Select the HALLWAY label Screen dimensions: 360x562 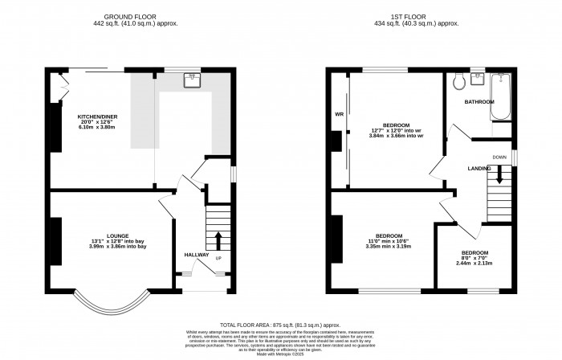[x=197, y=255]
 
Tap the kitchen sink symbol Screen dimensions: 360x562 [x=193, y=80]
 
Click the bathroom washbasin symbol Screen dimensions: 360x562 [x=479, y=78]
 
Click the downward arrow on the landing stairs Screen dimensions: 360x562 [x=499, y=174]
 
